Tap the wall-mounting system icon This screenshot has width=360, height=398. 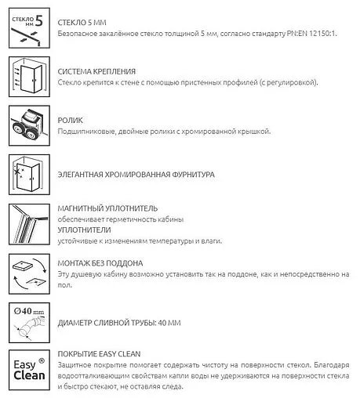pyautogui.click(x=28, y=76)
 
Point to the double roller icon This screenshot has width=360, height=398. pyautogui.click(x=28, y=125)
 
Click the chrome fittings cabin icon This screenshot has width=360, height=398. pyautogui.click(x=28, y=175)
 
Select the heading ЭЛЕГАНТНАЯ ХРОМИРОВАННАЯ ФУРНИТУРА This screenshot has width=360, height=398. pyautogui.click(x=136, y=175)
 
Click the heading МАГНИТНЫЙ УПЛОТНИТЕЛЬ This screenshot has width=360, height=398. pyautogui.click(x=107, y=208)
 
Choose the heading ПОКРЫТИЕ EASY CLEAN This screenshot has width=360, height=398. pyautogui.click(x=99, y=353)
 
